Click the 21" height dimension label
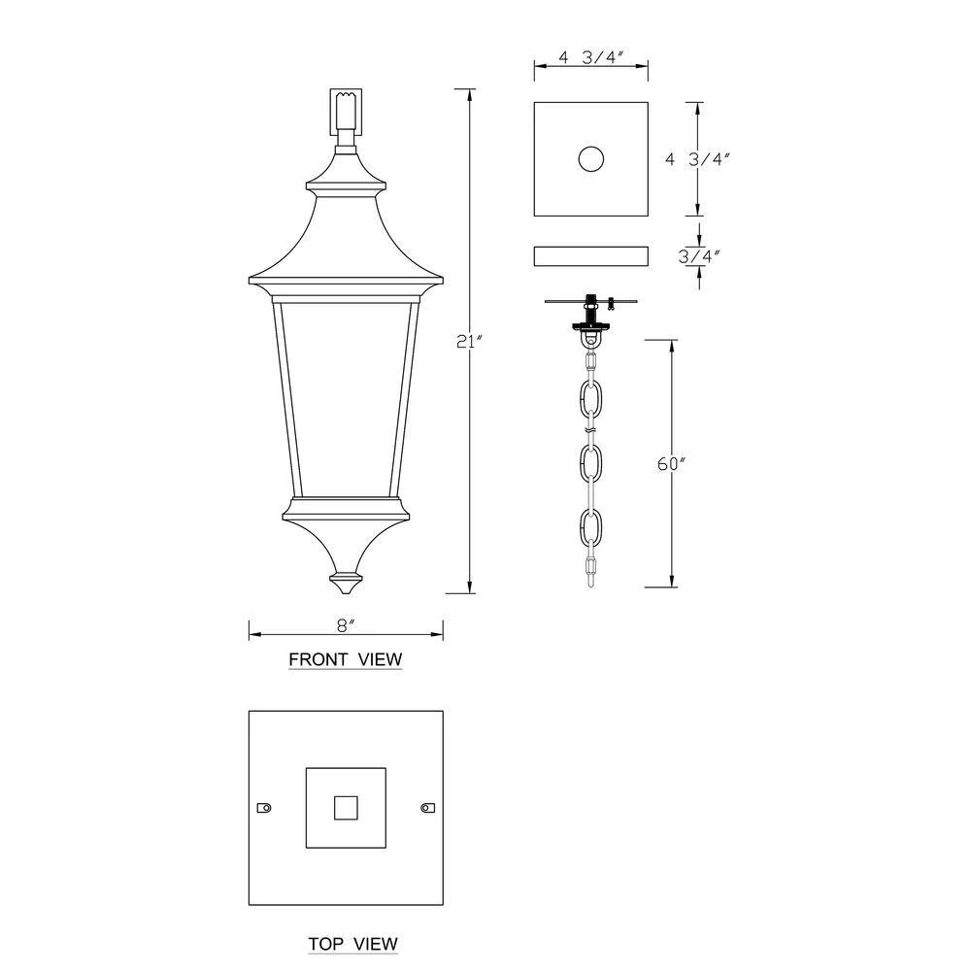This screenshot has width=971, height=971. click(x=468, y=342)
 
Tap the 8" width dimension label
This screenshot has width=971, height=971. click(x=346, y=625)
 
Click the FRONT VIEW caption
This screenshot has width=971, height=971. click(x=346, y=659)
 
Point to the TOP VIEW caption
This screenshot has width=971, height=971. click(x=353, y=944)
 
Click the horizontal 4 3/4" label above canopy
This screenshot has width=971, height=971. click(x=591, y=57)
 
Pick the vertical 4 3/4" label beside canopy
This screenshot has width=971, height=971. click(x=698, y=158)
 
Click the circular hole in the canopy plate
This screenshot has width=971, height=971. click(x=590, y=159)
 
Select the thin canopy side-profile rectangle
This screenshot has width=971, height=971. click(x=591, y=255)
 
